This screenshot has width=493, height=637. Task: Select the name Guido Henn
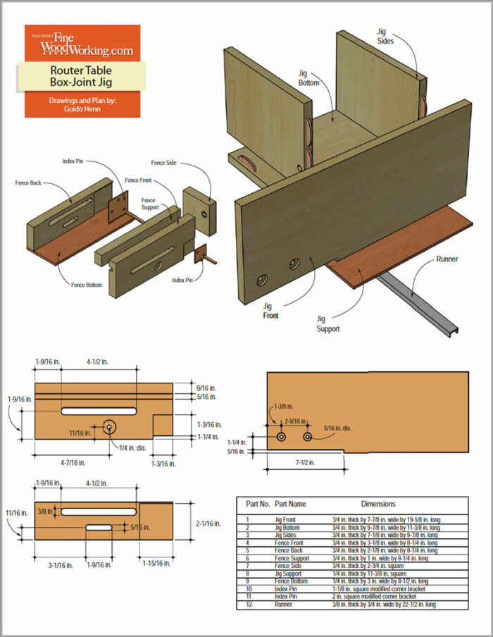coord(82,109)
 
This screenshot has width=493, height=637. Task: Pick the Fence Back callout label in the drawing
coord(30,183)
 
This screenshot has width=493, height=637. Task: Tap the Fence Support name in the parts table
coord(292,557)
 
